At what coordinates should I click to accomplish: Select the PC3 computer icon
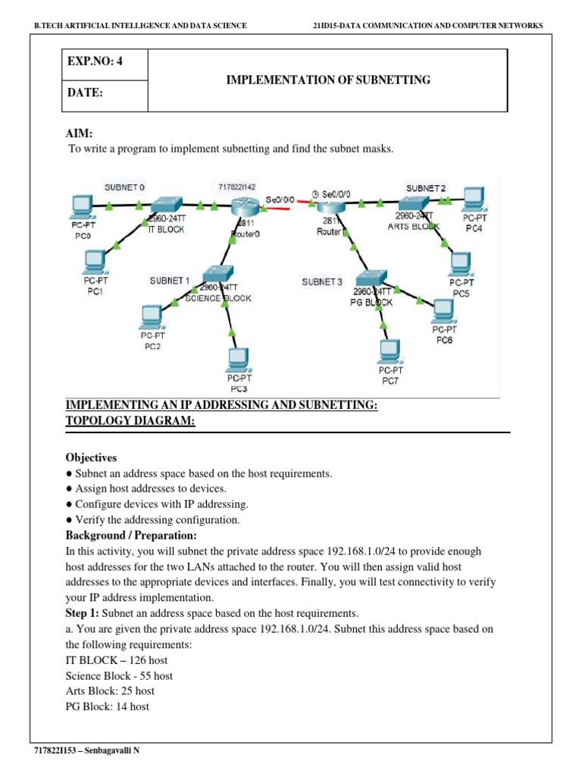click(x=239, y=358)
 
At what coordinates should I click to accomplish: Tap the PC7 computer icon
click(x=390, y=350)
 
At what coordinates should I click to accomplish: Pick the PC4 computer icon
click(x=474, y=199)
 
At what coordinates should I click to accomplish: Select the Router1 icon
click(x=330, y=205)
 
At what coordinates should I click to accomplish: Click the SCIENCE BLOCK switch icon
click(x=217, y=275)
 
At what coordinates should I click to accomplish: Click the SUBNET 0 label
click(x=124, y=187)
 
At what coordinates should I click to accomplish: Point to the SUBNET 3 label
click(x=322, y=282)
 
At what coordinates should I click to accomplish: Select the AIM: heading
click(x=80, y=134)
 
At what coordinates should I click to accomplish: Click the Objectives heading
click(x=91, y=458)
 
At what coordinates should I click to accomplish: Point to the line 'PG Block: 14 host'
click(x=108, y=706)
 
